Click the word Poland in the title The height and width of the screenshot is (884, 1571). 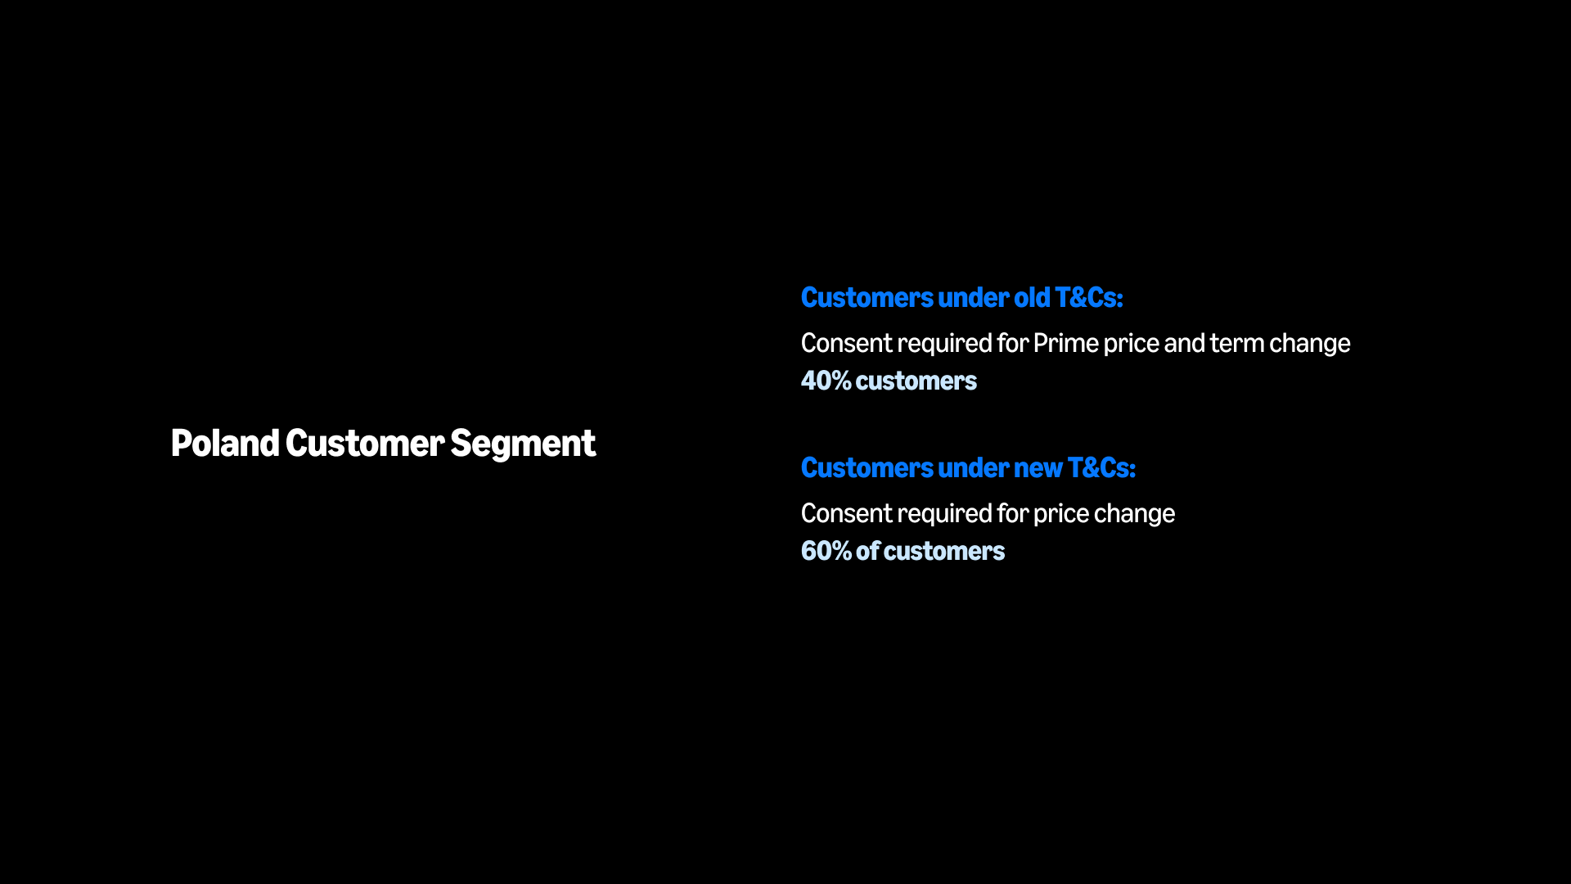click(225, 443)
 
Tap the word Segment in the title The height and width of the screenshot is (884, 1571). click(523, 444)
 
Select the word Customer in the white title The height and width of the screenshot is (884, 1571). click(365, 443)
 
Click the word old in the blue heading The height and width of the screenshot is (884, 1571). click(1032, 297)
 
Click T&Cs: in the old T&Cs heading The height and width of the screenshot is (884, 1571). click(1089, 297)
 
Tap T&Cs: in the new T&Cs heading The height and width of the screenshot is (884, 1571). click(1101, 467)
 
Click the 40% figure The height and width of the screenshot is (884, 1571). click(826, 381)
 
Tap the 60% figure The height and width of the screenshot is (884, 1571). click(826, 551)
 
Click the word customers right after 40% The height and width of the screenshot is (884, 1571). click(916, 381)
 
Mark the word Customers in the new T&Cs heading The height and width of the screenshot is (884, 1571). click(867, 467)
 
